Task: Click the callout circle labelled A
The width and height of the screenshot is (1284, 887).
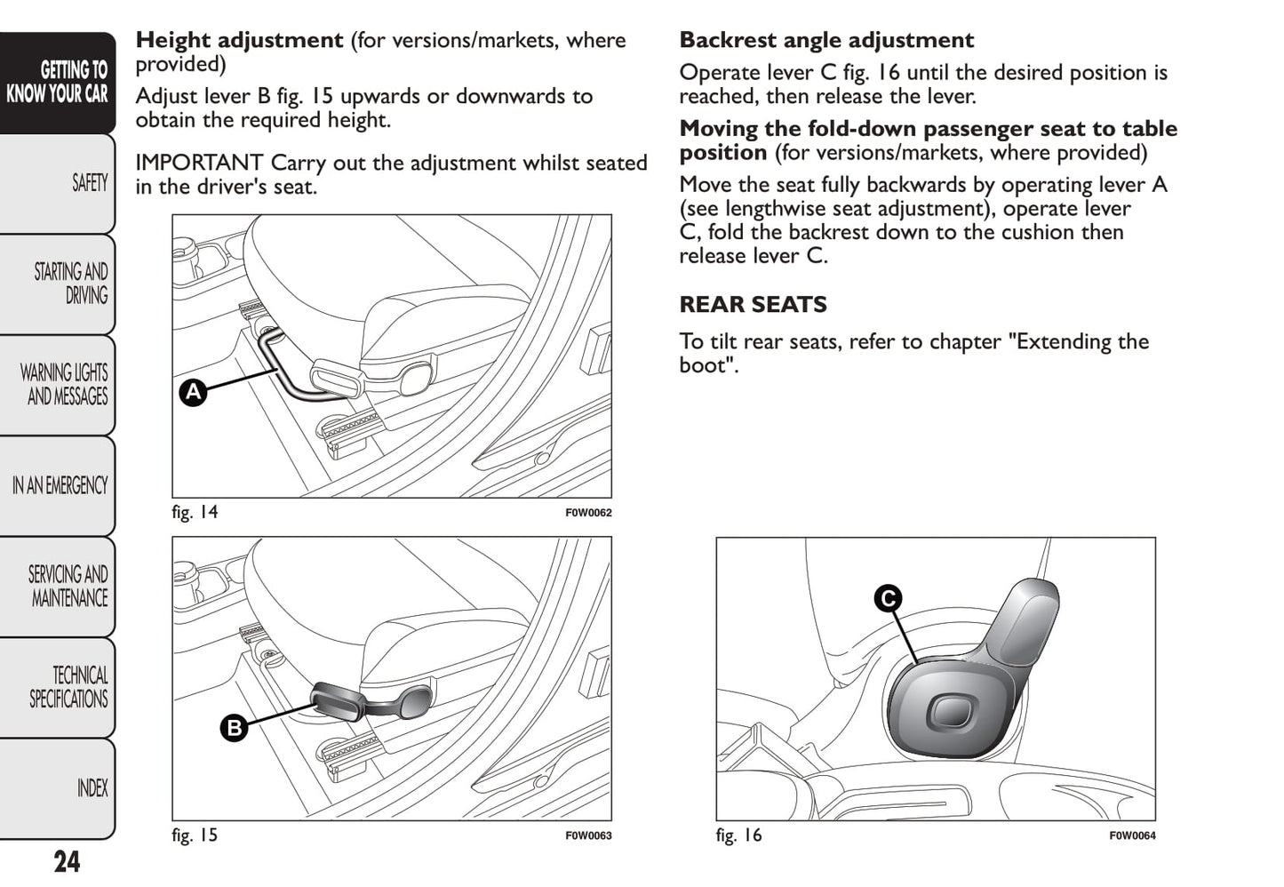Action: pyautogui.click(x=193, y=392)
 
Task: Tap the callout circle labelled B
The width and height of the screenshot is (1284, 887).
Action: pyautogui.click(x=234, y=729)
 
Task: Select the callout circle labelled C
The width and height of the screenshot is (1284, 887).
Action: pyautogui.click(x=887, y=598)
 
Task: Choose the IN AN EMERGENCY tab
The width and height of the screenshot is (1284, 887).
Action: pyautogui.click(x=60, y=485)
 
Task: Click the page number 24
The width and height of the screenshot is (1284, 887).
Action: pyautogui.click(x=67, y=862)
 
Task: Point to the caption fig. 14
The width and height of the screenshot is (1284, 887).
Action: pyautogui.click(x=195, y=512)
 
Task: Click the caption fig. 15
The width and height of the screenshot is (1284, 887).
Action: pyautogui.click(x=195, y=835)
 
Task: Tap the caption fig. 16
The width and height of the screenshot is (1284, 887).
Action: pyautogui.click(x=738, y=835)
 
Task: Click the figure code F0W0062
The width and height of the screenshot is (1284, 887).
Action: pyautogui.click(x=588, y=513)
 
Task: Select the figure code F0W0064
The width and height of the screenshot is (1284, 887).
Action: pyautogui.click(x=1132, y=835)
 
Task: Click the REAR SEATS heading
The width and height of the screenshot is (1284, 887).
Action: pyautogui.click(x=753, y=305)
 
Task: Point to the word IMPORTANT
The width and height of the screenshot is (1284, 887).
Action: pyautogui.click(x=199, y=164)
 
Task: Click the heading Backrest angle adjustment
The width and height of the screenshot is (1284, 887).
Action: pyautogui.click(x=826, y=41)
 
